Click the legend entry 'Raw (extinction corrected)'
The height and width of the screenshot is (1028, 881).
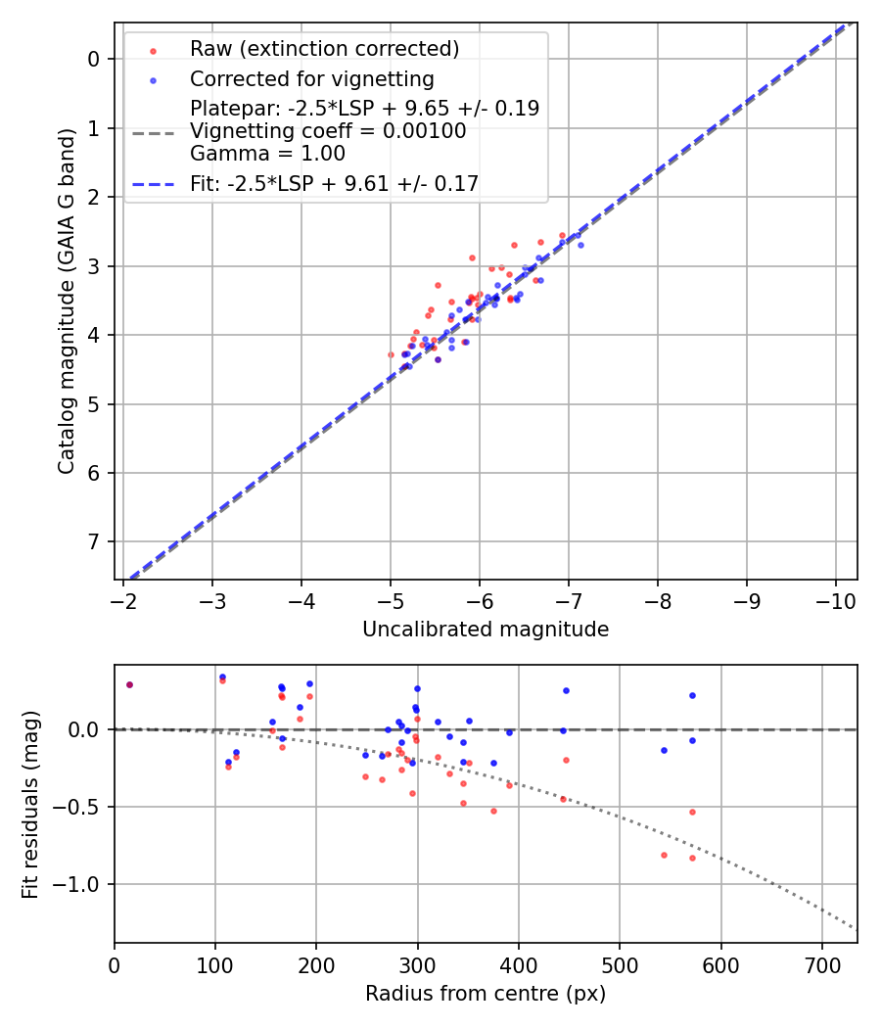(x=324, y=49)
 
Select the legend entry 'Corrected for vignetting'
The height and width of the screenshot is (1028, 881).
(x=311, y=78)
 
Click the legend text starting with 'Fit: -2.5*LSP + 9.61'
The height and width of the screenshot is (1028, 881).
(x=334, y=183)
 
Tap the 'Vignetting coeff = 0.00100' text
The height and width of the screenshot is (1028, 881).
(x=328, y=131)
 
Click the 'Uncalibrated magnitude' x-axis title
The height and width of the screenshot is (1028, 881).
(x=486, y=630)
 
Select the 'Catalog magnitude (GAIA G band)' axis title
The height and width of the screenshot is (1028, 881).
(x=66, y=301)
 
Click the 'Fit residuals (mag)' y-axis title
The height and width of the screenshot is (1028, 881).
(x=30, y=805)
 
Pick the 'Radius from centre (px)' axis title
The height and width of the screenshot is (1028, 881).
(x=486, y=994)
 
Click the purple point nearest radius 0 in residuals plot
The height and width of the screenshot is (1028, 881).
(x=129, y=684)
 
